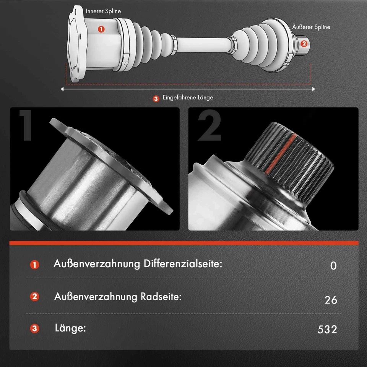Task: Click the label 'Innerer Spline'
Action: [103, 11]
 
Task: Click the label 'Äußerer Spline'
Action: [311, 27]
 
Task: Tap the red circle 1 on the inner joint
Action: [101, 29]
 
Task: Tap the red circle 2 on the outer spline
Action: [304, 43]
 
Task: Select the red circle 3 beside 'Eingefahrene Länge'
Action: [156, 99]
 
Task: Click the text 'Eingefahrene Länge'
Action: [188, 98]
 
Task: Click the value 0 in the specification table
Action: [333, 266]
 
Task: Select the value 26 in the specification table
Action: [331, 300]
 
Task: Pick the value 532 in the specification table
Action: [327, 330]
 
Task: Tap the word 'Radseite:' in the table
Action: [160, 297]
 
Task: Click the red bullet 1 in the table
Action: [35, 265]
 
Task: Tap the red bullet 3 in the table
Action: [35, 328]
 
